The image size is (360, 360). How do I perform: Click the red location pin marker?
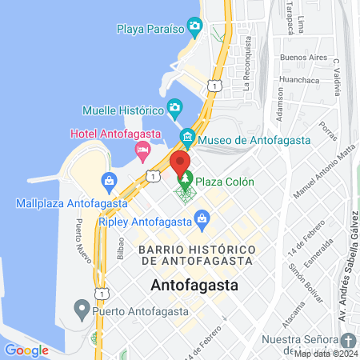[179, 163]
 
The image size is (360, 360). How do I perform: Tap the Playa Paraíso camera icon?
[194, 28]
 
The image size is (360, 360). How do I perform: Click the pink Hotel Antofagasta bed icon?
[142, 149]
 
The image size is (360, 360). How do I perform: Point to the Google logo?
[26, 350]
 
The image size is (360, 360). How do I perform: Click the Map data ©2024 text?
[325, 353]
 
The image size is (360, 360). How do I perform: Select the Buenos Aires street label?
[303, 58]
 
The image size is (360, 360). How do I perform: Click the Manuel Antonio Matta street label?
[323, 171]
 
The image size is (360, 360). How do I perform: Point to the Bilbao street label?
[121, 247]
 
